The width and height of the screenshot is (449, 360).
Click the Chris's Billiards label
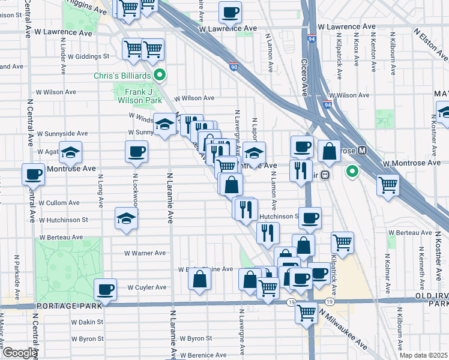pos(121,76)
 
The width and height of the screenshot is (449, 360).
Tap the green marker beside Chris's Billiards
pos(160,75)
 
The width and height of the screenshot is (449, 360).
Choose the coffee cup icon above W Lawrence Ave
pos(229,12)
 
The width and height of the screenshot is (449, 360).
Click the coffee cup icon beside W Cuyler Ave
pos(106,290)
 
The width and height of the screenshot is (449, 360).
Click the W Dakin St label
pos(87,322)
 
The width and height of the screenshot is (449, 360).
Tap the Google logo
pos(20,353)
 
